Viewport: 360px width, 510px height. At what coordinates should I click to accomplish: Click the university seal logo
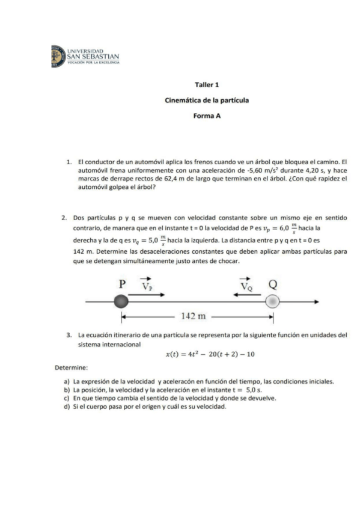tap(58, 55)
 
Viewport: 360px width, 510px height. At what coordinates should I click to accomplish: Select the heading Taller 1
tap(207, 86)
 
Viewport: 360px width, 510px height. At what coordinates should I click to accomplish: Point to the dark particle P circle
tap(121, 301)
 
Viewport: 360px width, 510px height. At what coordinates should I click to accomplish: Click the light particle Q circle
tap(273, 301)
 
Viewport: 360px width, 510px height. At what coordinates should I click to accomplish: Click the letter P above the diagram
tap(122, 284)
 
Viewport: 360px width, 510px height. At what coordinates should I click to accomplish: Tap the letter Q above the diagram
tap(273, 284)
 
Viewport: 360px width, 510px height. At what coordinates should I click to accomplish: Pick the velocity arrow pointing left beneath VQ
tap(245, 294)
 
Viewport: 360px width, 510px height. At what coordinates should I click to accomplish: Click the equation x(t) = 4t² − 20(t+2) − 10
tap(210, 354)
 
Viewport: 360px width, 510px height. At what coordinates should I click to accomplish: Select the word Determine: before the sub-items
tap(72, 367)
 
